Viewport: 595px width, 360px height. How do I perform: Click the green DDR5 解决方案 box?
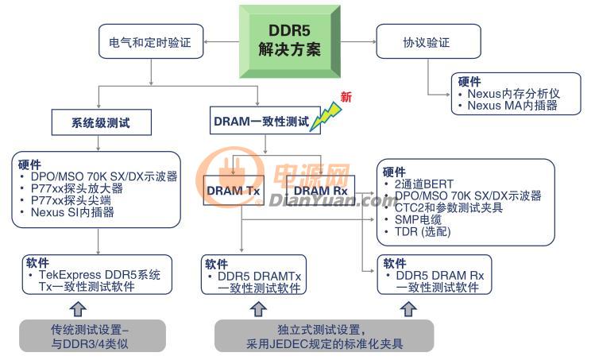[x=290, y=41]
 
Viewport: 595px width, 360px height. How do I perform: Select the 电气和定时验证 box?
[x=151, y=41]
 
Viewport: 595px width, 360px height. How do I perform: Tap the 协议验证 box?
[x=428, y=41]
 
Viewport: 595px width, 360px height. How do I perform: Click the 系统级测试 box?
[x=102, y=122]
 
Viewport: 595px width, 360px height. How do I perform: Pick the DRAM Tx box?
[x=234, y=190]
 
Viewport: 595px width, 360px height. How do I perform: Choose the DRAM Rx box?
[x=320, y=190]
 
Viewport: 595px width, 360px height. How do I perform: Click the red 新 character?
[x=346, y=97]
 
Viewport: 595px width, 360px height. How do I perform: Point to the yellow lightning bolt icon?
[x=326, y=117]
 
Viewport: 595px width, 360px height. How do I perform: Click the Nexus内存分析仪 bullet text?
[x=513, y=94]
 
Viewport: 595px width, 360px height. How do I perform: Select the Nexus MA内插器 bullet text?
[x=512, y=105]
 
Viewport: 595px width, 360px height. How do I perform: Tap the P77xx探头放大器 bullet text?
[x=76, y=188]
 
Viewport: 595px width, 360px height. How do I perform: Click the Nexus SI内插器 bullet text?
[x=72, y=212]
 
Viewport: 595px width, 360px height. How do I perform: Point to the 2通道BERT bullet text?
[x=424, y=184]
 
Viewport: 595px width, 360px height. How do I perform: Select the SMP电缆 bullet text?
[x=418, y=219]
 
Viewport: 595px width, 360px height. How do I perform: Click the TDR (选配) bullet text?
[x=423, y=231]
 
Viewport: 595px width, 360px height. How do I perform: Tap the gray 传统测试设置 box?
[x=92, y=335]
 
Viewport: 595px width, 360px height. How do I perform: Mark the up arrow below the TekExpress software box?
[x=78, y=309]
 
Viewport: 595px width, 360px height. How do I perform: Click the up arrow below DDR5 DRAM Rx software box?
[x=408, y=309]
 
